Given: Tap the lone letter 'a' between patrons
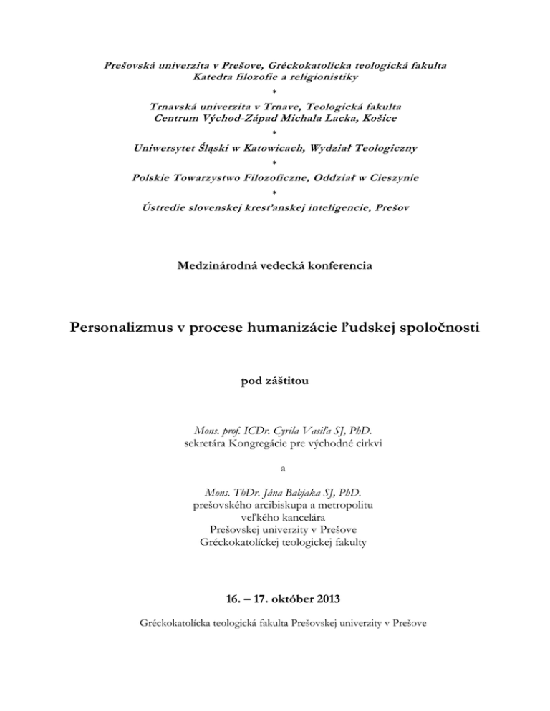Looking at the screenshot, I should pos(274,469).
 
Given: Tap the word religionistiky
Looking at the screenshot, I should pos(318,76).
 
